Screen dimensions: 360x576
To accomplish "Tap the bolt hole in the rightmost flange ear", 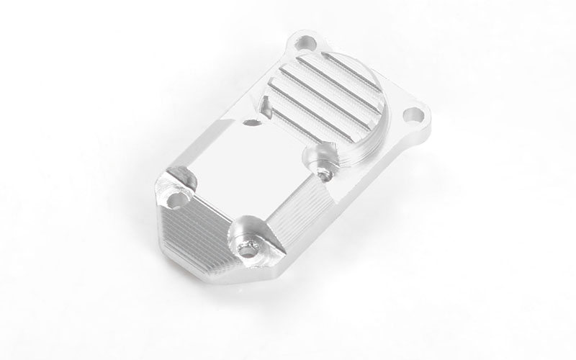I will pos(413,114).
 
